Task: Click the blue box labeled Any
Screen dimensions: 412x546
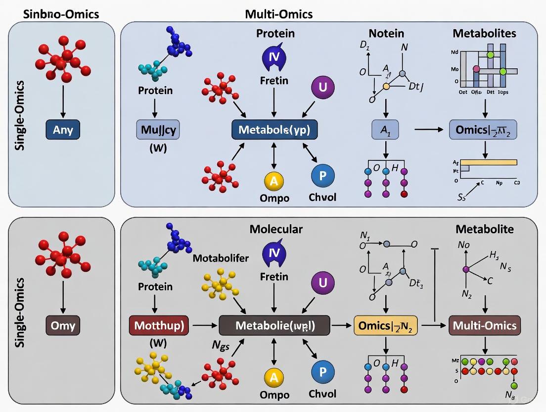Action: (x=62, y=130)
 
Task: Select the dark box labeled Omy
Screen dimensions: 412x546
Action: (x=62, y=326)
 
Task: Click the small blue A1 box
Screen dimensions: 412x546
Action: (x=385, y=130)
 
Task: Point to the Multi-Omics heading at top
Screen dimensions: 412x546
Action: (x=278, y=14)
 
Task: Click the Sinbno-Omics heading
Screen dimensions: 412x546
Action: (x=61, y=14)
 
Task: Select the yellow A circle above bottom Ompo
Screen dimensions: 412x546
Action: (x=274, y=378)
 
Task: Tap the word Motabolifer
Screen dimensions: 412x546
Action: (x=221, y=258)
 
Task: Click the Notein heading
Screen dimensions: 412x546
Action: (x=386, y=33)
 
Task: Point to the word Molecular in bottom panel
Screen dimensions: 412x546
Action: (x=276, y=229)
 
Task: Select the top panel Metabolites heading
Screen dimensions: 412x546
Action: (x=484, y=33)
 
